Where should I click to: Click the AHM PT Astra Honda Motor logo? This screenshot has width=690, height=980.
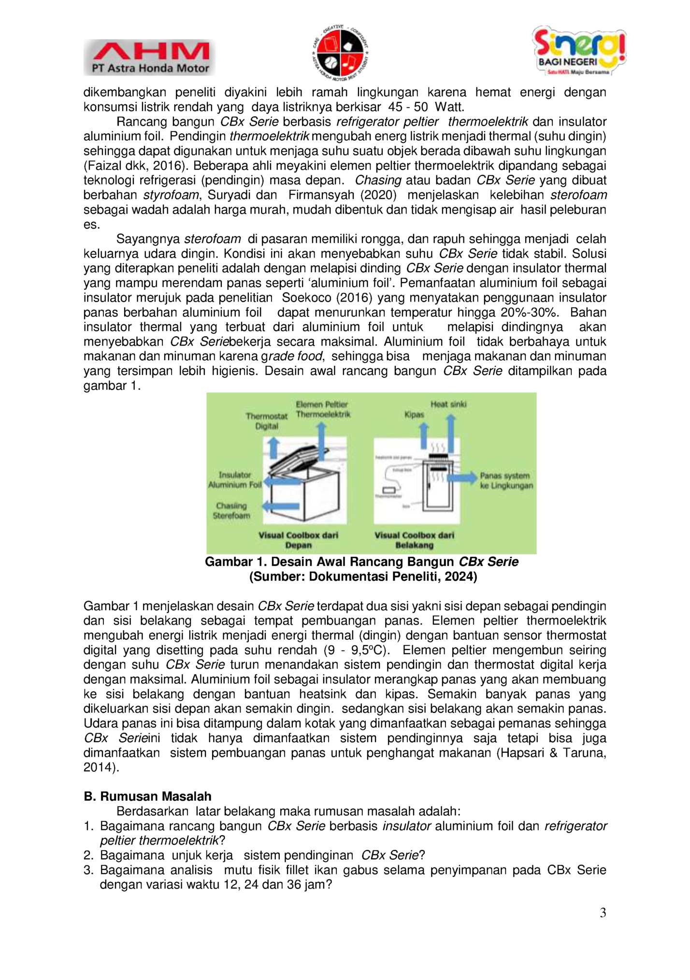click(x=149, y=57)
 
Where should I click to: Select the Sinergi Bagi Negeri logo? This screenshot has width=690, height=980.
click(x=579, y=51)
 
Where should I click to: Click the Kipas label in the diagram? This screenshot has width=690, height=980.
click(x=414, y=415)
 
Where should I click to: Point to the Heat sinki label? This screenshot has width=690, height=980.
click(x=448, y=404)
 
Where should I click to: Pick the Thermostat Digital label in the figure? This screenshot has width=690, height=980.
click(x=267, y=421)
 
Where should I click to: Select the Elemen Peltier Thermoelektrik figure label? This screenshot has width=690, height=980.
click(x=323, y=409)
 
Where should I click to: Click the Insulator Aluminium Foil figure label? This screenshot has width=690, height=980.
click(x=235, y=480)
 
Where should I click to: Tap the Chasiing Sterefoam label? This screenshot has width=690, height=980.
click(x=231, y=511)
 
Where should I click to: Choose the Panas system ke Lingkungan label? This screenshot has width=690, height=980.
click(x=506, y=481)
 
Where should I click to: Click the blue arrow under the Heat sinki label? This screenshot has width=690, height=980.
click(x=450, y=432)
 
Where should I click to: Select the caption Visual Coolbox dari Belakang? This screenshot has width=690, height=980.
click(x=414, y=540)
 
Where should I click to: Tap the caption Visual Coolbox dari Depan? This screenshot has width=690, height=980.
click(x=298, y=540)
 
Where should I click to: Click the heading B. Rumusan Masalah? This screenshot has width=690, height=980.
click(x=147, y=796)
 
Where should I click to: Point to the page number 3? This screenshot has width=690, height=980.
click(x=603, y=913)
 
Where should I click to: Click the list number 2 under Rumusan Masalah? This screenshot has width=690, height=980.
click(x=88, y=855)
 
